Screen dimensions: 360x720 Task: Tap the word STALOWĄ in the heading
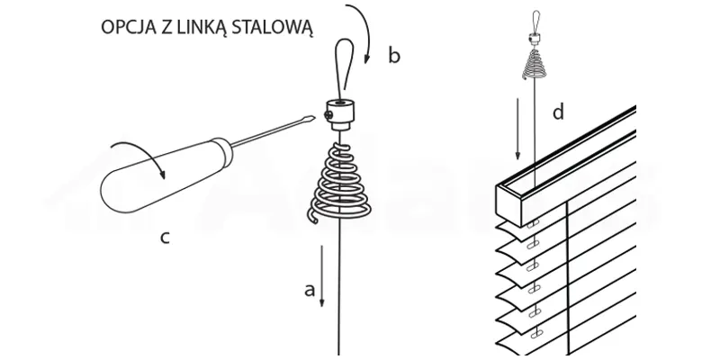278,27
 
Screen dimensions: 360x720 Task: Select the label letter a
309,290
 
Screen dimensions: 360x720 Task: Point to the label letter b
393,56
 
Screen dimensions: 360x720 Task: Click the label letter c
165,238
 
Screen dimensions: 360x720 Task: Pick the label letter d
558,112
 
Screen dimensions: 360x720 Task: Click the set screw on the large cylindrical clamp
332,115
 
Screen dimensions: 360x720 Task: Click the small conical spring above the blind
535,63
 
